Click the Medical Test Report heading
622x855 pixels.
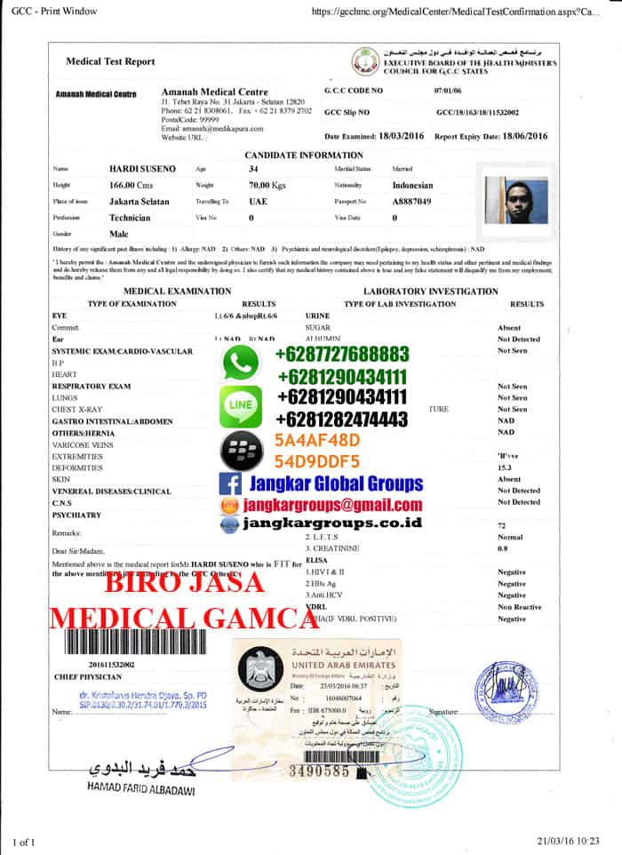[x=110, y=61]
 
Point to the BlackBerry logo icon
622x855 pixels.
[x=238, y=452]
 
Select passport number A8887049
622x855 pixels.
[x=411, y=202]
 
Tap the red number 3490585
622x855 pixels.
[x=321, y=771]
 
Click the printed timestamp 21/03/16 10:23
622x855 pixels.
[x=569, y=840]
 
